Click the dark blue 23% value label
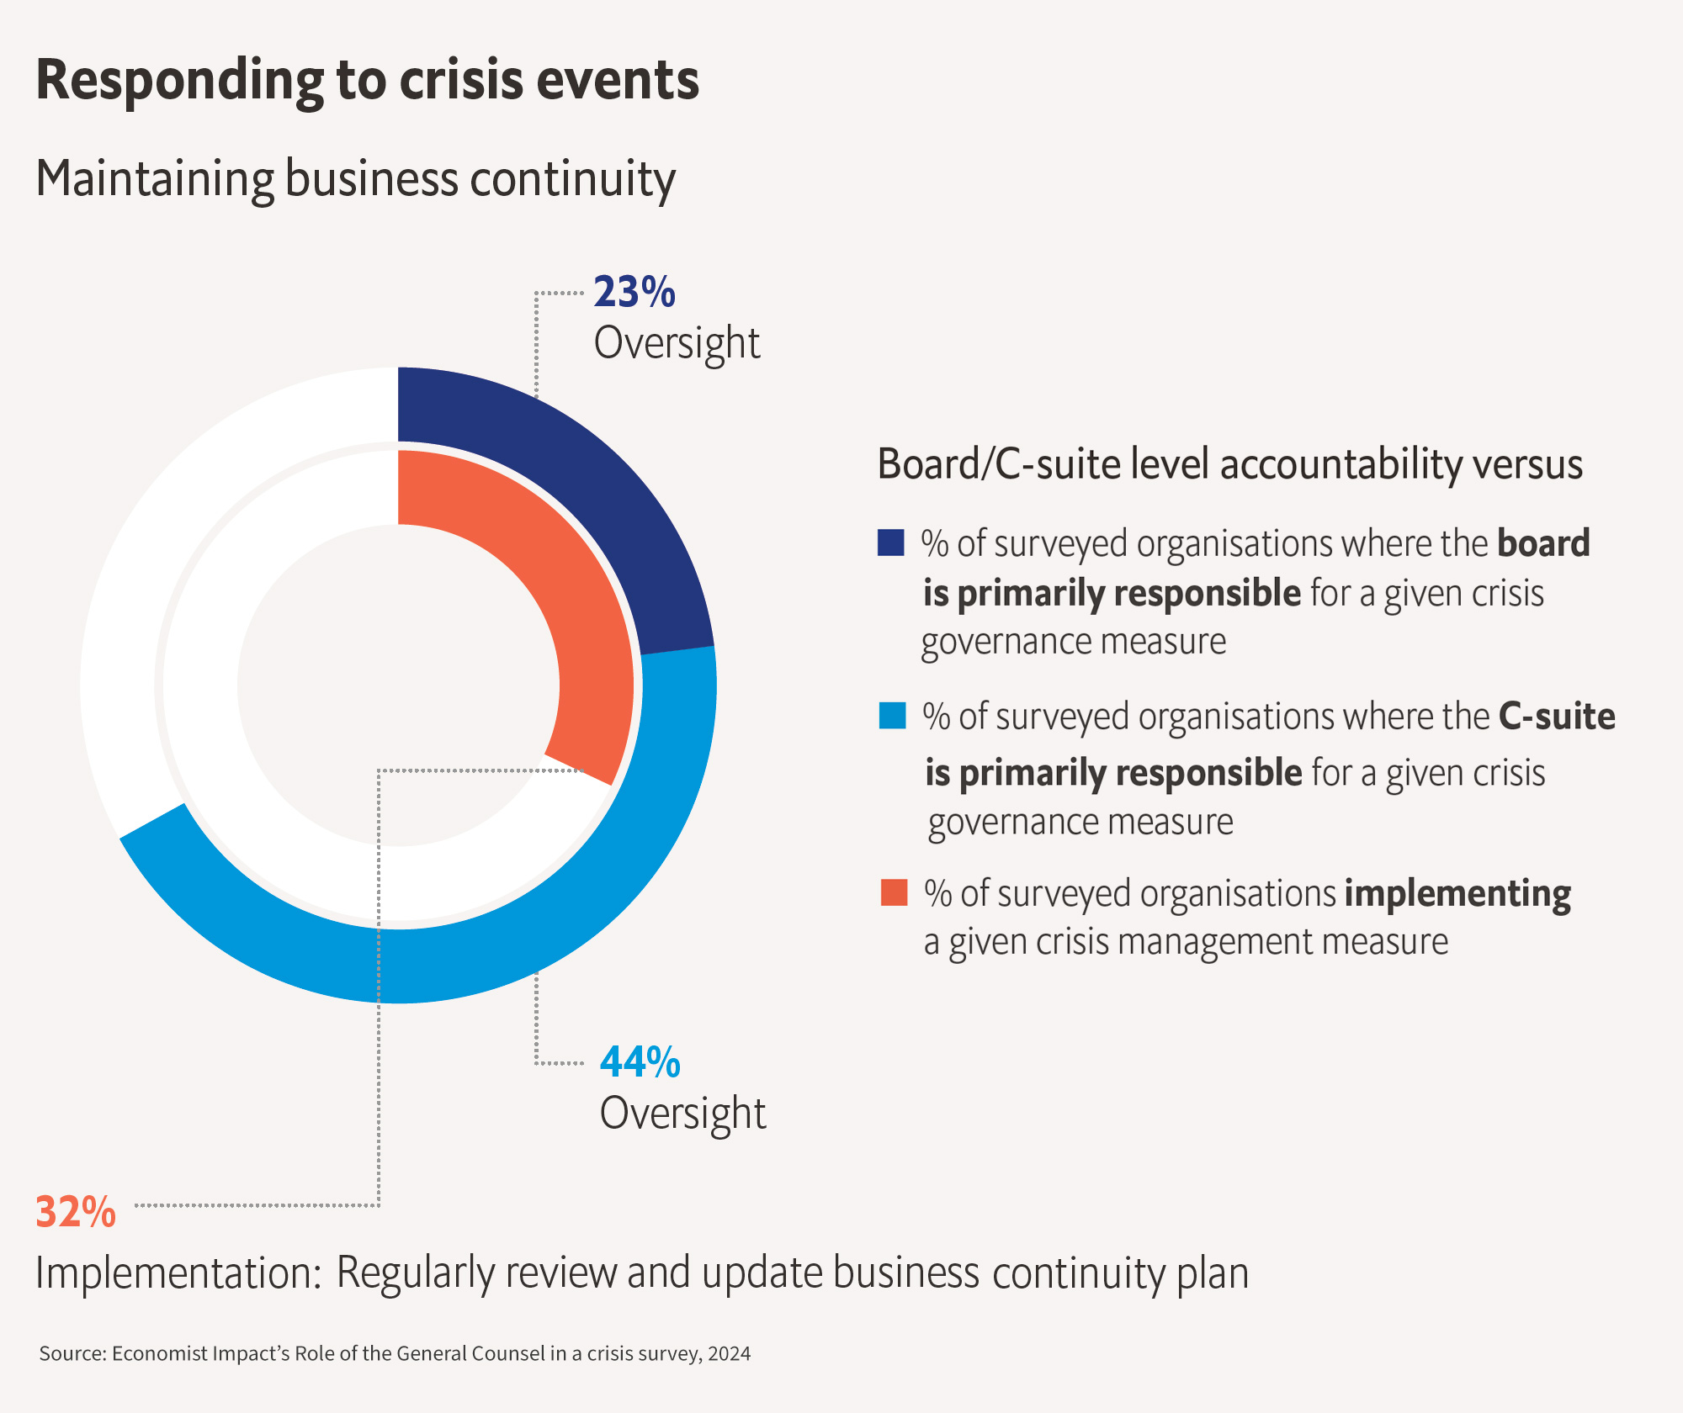(x=634, y=292)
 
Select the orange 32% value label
(x=76, y=1212)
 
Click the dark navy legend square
(x=890, y=542)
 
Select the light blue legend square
(x=892, y=716)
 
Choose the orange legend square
(x=894, y=892)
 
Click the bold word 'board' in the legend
(x=1543, y=543)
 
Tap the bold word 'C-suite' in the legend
(x=1557, y=717)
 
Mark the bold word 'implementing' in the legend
(x=1457, y=893)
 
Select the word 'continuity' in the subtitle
(x=572, y=179)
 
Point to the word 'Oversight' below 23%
(x=677, y=343)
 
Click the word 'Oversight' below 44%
(x=682, y=1113)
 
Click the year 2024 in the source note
(x=729, y=1353)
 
